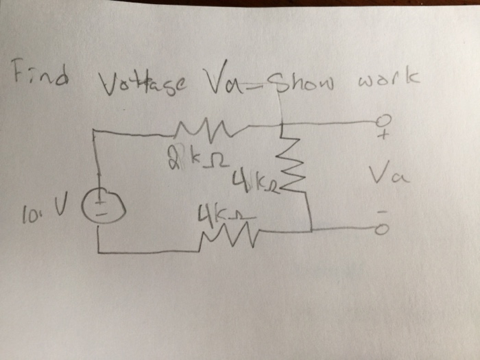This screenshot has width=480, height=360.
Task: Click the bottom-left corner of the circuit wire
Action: (x=99, y=252)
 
